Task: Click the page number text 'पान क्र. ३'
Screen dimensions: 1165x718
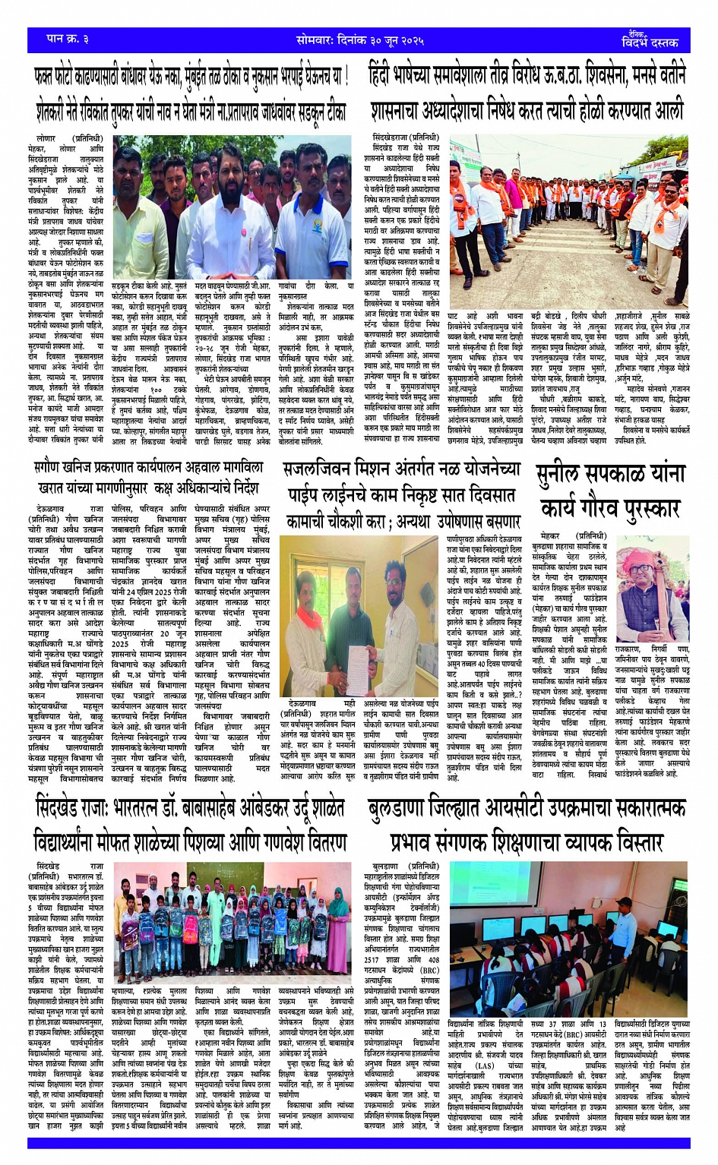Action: [68, 38]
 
